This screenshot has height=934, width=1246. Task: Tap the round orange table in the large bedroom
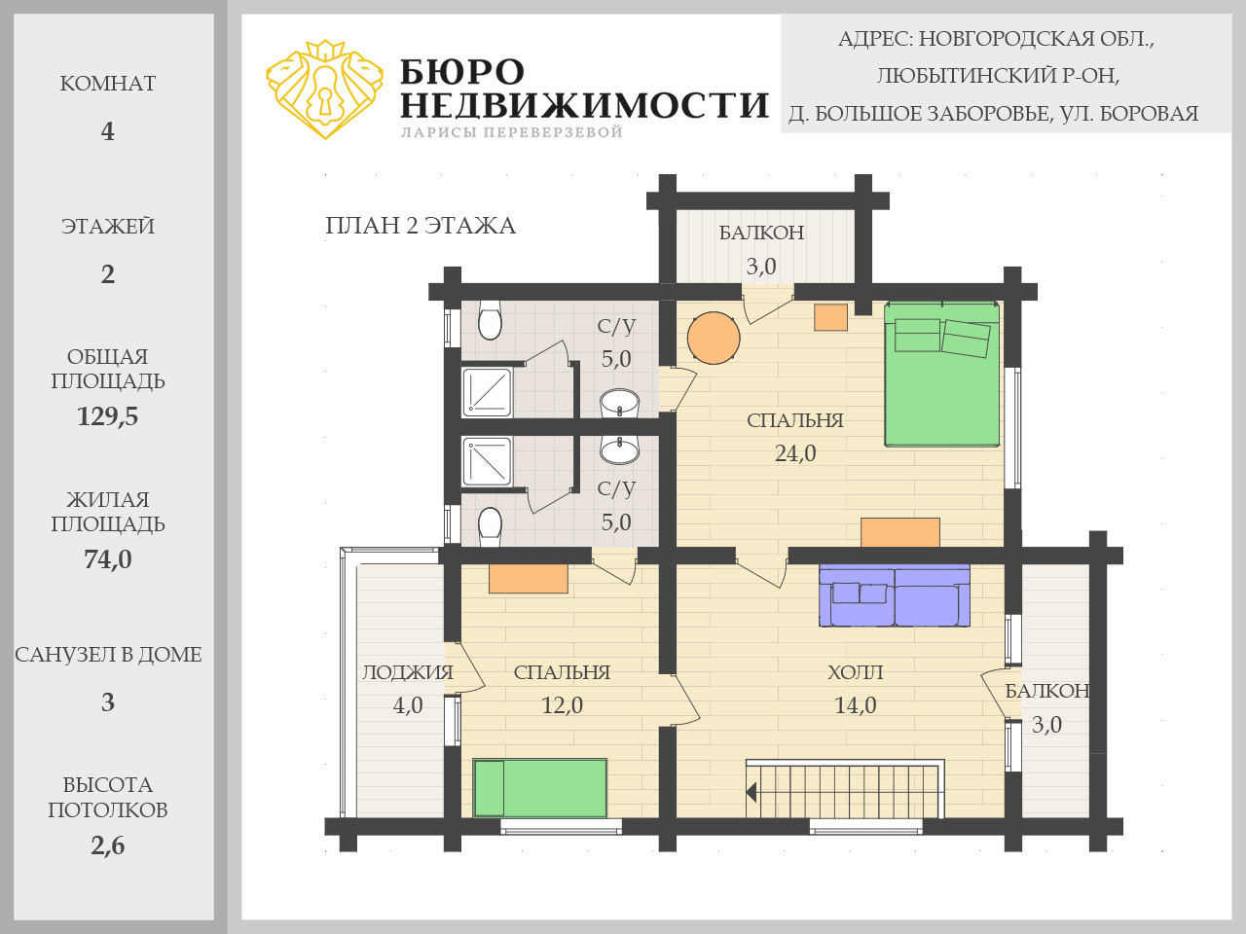[x=714, y=338]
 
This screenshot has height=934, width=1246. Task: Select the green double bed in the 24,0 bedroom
[x=941, y=374]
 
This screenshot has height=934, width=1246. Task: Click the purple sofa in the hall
[x=895, y=594]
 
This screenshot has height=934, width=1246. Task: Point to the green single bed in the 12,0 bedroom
[x=540, y=788]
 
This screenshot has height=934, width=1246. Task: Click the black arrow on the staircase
[x=751, y=792]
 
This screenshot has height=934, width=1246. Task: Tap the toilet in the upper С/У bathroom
[x=490, y=320]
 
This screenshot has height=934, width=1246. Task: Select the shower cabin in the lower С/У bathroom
[x=487, y=461]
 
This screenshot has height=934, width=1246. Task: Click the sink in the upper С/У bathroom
[x=619, y=403]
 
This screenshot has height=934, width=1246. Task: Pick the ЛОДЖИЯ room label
[x=408, y=672]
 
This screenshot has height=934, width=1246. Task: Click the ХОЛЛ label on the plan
[x=856, y=672]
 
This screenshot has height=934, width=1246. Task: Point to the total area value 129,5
[x=108, y=416]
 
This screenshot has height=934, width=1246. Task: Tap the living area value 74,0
[x=108, y=559]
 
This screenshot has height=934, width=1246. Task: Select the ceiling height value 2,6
[x=108, y=845]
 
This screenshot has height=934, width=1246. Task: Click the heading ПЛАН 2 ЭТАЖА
[x=421, y=226]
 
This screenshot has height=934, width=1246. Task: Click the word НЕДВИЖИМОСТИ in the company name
[x=585, y=105]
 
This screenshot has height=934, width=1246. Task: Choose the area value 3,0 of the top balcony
[x=761, y=267]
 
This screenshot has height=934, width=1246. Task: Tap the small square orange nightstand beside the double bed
[x=830, y=317]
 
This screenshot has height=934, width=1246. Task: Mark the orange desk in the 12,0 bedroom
[x=529, y=579]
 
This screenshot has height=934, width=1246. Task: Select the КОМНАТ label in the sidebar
[x=108, y=84]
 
